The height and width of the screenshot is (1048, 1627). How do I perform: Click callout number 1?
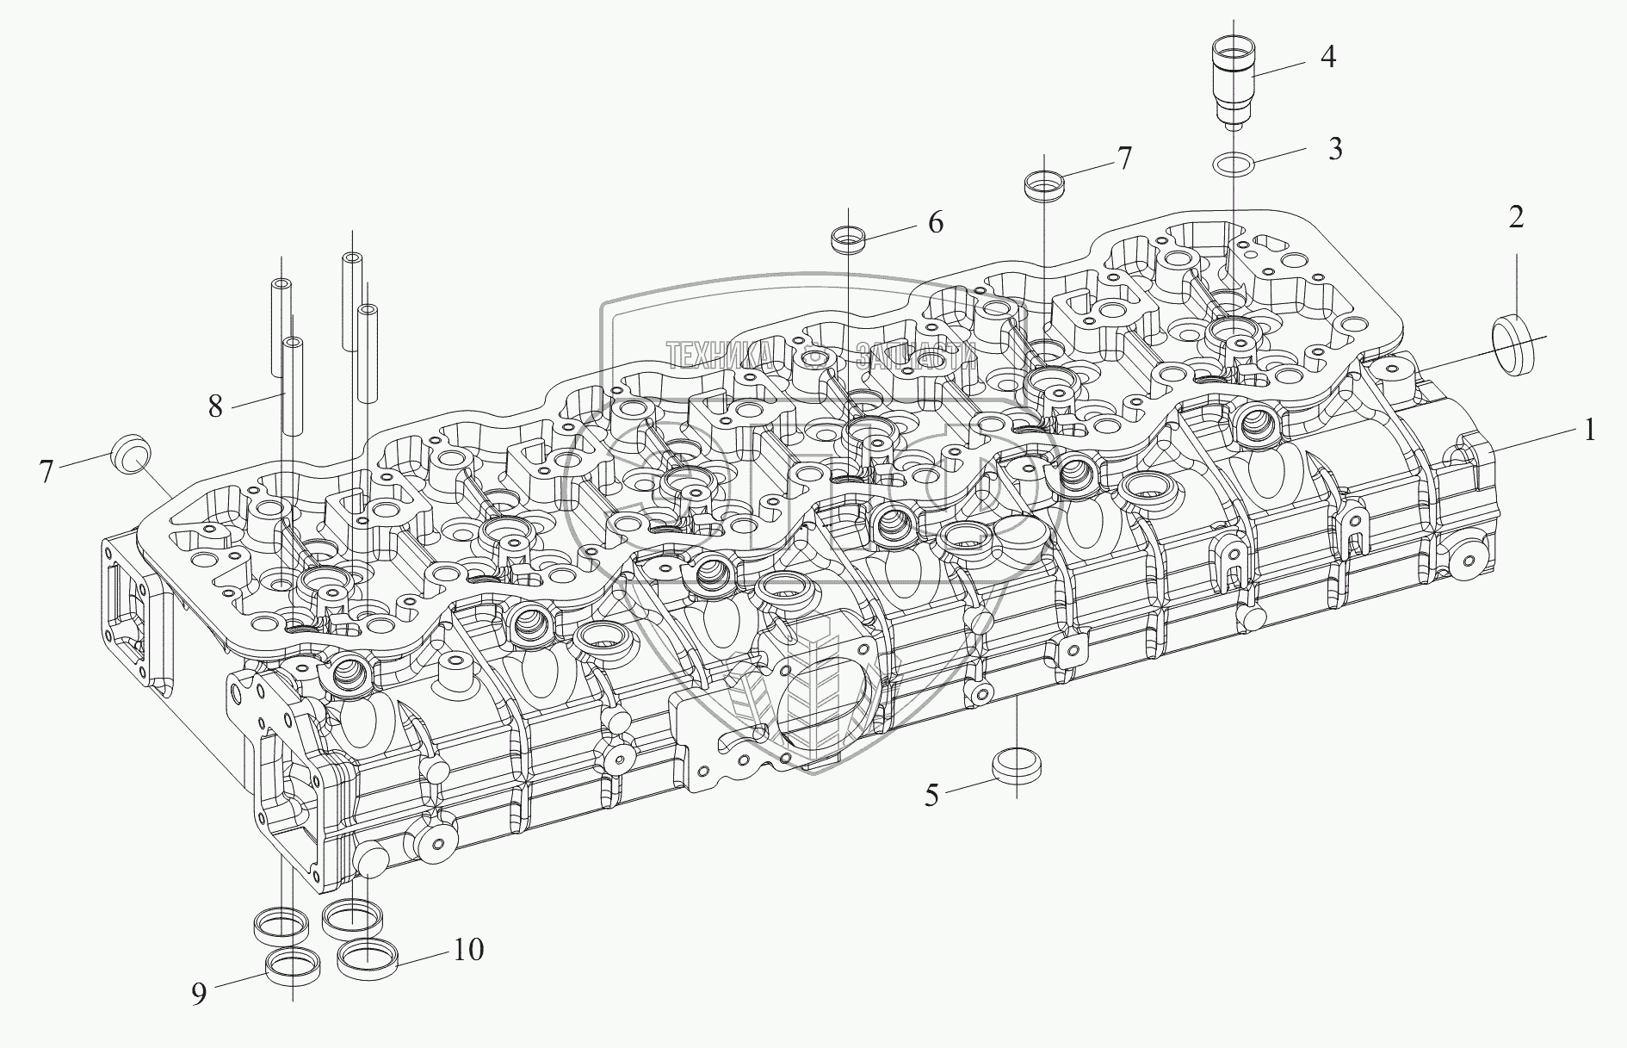[x=1589, y=429]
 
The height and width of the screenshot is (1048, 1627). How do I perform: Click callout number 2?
[x=1516, y=218]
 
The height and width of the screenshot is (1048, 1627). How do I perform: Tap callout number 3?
[x=1334, y=148]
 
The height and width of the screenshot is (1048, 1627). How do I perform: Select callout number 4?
[x=1328, y=57]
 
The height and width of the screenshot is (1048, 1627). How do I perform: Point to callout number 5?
[x=931, y=795]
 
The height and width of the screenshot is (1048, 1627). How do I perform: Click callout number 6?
[x=935, y=222]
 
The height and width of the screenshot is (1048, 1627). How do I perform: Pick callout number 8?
[x=214, y=405]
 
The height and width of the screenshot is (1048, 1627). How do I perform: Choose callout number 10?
[x=469, y=950]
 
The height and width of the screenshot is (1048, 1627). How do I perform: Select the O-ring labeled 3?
[x=1232, y=162]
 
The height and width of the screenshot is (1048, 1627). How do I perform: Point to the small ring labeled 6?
[x=848, y=239]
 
